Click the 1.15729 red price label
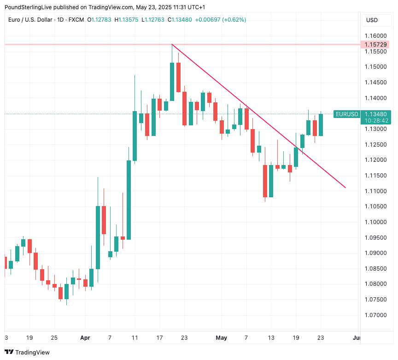pos(376,44)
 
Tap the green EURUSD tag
pos(346,114)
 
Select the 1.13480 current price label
pos(376,114)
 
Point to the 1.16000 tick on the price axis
pos(375,36)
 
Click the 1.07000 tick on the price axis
pos(375,315)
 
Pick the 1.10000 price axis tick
pos(375,222)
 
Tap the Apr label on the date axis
pos(85,337)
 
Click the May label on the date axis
pos(222,337)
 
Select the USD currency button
pos(372,20)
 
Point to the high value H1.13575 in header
pos(128,20)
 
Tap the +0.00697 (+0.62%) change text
pos(221,20)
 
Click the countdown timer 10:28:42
pos(376,120)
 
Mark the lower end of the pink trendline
pos(345,188)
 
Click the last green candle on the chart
pos(321,124)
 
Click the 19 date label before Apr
pos(29,337)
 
